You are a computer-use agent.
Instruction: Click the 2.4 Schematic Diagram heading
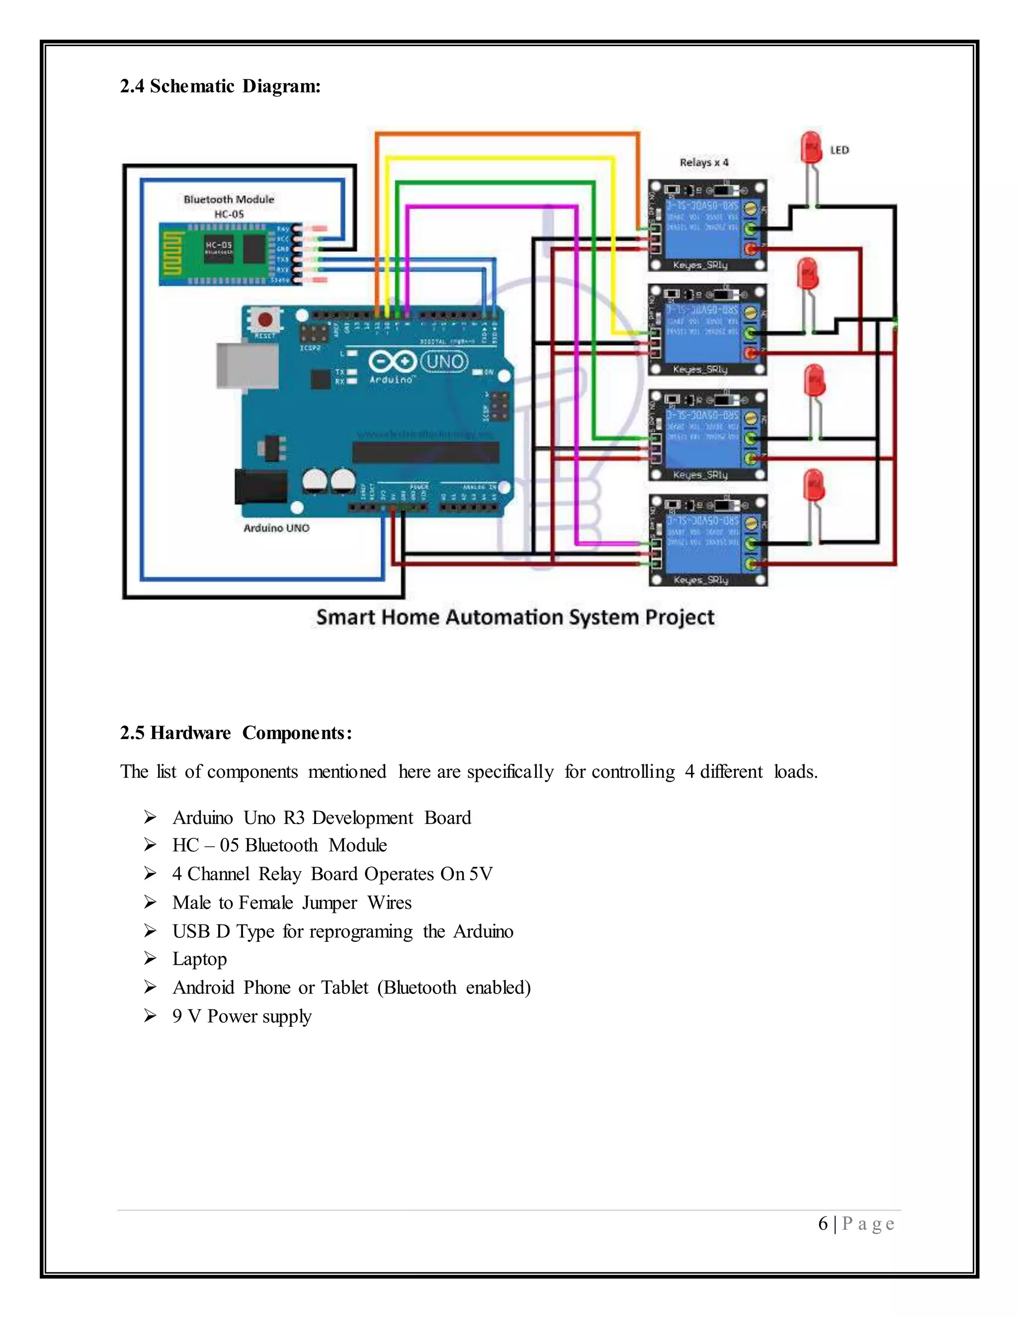220,86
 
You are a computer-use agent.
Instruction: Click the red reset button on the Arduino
264,320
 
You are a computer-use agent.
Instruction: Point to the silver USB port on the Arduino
247,366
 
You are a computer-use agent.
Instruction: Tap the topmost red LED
811,148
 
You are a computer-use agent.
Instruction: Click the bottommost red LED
814,486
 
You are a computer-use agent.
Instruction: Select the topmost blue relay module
707,225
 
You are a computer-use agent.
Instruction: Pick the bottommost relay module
707,540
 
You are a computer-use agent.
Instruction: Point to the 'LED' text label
840,150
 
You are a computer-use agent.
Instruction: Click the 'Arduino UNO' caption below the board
276,528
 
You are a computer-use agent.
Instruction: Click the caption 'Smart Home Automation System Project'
515,617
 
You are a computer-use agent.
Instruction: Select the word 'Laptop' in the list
200,959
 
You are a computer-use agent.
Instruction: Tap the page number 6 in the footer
823,1224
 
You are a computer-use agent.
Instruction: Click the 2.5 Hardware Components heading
236,733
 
